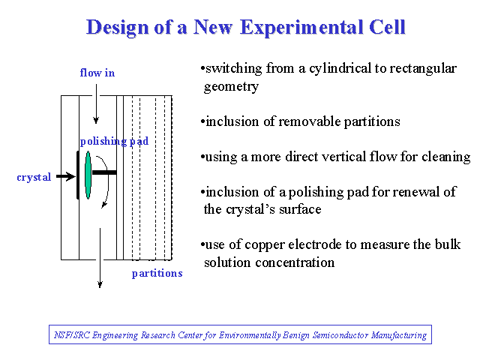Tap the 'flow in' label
(x=97, y=73)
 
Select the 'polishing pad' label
(x=114, y=142)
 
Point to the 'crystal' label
(x=34, y=178)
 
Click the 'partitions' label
(x=157, y=273)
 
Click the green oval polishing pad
(x=88, y=175)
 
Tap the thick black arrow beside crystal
(x=66, y=176)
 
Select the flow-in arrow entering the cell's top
(x=96, y=104)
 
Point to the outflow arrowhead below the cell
(x=100, y=285)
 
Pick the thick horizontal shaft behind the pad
(x=104, y=172)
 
